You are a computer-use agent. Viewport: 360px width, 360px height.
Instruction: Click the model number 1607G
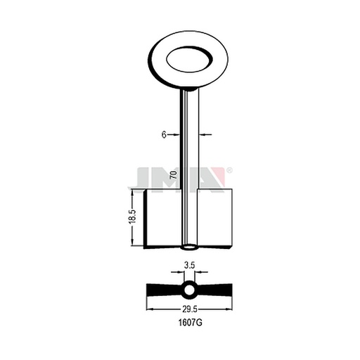(190, 323)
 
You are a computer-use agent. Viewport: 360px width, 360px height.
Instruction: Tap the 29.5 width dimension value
(190, 309)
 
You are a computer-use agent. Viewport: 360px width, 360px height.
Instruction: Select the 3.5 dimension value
(189, 265)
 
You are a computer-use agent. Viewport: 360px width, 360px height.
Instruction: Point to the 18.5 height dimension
(132, 217)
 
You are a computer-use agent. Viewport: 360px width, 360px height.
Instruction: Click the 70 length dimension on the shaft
(174, 175)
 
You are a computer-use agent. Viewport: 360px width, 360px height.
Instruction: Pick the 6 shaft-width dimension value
(164, 135)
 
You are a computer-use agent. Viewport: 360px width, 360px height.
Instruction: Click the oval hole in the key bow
(189, 59)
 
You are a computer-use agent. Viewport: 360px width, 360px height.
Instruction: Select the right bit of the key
(214, 218)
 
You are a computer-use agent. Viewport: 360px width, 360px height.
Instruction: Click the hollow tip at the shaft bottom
(189, 247)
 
